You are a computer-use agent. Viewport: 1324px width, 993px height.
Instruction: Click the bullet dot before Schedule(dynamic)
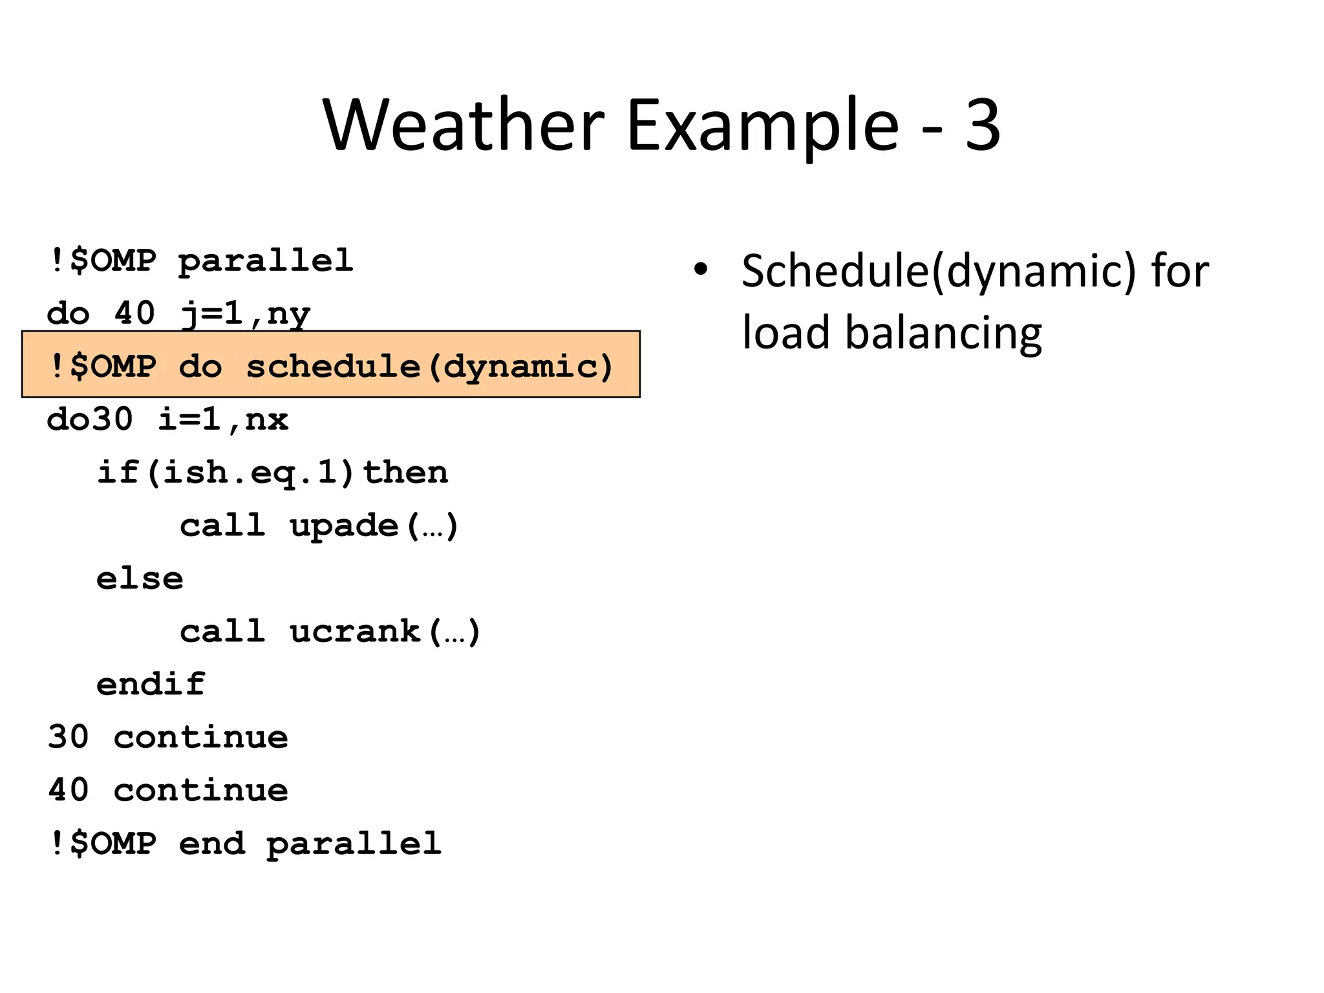tap(701, 270)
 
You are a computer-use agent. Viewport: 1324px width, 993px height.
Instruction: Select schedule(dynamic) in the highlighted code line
tap(429, 367)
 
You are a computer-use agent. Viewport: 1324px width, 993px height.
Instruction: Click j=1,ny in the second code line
tap(245, 315)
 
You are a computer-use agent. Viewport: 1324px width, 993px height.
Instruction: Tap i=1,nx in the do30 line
tap(223, 420)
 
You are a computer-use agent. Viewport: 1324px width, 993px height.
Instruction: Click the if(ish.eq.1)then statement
tap(272, 473)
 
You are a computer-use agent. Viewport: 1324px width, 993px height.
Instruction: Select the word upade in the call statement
tap(344, 526)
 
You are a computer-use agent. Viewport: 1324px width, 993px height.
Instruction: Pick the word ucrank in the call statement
tap(355, 632)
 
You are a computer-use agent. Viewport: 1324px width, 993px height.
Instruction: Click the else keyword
tap(140, 579)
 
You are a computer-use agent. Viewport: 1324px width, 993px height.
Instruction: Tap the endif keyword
tap(151, 684)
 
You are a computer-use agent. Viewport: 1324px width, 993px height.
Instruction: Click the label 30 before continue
tap(68, 737)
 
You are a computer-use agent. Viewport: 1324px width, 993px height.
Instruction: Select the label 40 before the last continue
tap(68, 790)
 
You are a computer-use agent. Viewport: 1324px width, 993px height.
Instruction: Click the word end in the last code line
tap(212, 843)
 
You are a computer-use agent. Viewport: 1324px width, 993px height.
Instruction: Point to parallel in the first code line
tap(266, 261)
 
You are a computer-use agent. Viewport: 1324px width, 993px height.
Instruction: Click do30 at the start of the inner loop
tap(90, 420)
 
